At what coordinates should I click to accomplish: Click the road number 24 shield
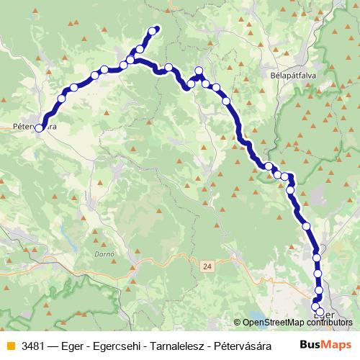[207, 266]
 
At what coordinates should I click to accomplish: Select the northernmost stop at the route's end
[153, 30]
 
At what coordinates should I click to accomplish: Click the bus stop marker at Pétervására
[39, 128]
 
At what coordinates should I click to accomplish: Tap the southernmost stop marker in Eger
[320, 312]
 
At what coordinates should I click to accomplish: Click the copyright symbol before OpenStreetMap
[237, 323]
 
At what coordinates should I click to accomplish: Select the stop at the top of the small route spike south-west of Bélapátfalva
[199, 71]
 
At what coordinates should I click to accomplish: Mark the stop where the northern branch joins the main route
[130, 59]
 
